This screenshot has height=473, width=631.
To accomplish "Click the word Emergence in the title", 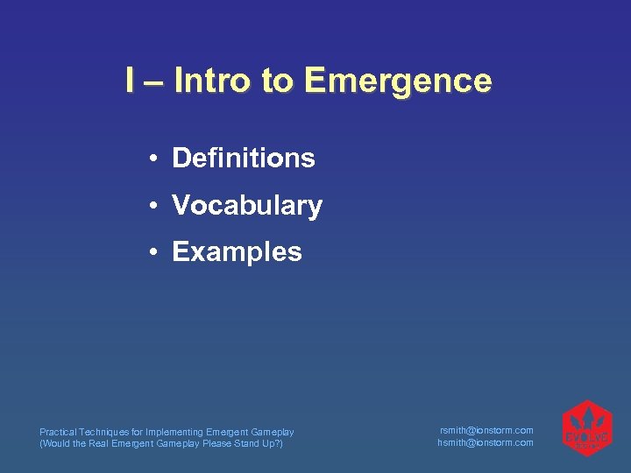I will pyautogui.click(x=398, y=81).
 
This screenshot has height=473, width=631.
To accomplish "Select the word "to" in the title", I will pyautogui.click(x=277, y=81).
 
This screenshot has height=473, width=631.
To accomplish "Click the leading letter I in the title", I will pyautogui.click(x=130, y=81).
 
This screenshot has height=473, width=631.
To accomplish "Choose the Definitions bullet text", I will pyautogui.click(x=244, y=159).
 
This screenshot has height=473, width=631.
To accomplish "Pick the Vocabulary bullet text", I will pyautogui.click(x=247, y=206).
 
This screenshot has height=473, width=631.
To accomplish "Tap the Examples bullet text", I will pyautogui.click(x=237, y=252).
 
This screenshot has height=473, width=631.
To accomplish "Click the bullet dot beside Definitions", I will pyautogui.click(x=152, y=159).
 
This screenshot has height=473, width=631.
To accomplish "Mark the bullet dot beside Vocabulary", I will pyautogui.click(x=152, y=207).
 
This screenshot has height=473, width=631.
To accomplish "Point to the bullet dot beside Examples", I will pyautogui.click(x=152, y=253).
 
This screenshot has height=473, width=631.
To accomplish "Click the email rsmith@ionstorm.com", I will pyautogui.click(x=486, y=430).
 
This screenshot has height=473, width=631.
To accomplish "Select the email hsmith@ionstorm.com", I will pyautogui.click(x=486, y=442).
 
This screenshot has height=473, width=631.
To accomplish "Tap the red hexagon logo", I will pyautogui.click(x=586, y=429).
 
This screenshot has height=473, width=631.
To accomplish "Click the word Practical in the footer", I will pyautogui.click(x=57, y=432).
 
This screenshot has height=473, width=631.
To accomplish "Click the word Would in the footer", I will pyautogui.click(x=55, y=443).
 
